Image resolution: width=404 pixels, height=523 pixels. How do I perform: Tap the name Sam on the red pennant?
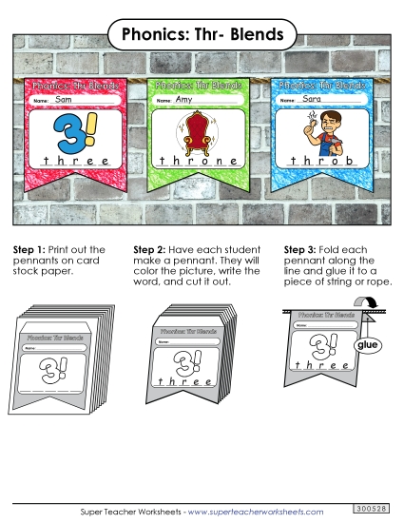[x=65, y=99]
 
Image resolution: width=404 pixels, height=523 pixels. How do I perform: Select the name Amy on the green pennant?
[x=185, y=99]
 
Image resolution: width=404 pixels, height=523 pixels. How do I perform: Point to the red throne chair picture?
[x=196, y=131]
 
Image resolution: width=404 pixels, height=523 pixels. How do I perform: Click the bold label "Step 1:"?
[x=29, y=250]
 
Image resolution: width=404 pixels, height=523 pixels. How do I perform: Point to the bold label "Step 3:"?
[x=301, y=250]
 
